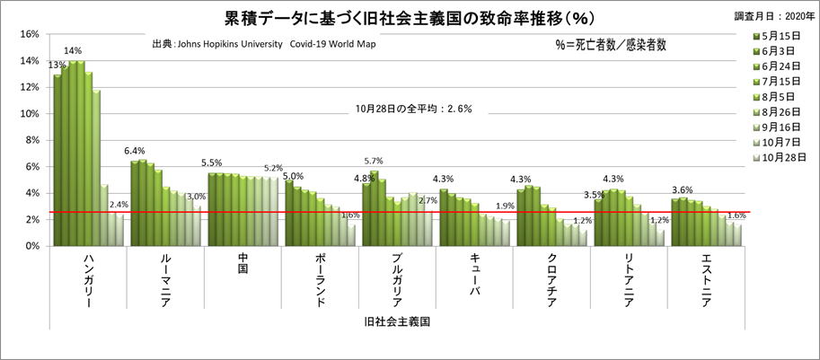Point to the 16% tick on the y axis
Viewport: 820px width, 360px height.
(x=28, y=34)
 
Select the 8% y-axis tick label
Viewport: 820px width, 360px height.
(x=31, y=140)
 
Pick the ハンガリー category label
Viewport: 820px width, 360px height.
(x=88, y=282)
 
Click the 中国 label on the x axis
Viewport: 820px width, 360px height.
(x=242, y=267)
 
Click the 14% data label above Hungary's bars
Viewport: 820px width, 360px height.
(x=73, y=51)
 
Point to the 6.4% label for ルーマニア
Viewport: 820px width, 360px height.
(x=135, y=151)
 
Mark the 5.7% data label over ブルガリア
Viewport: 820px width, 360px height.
(x=375, y=161)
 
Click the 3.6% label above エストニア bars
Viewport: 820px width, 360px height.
(x=683, y=189)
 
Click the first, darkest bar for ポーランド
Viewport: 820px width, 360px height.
(x=288, y=213)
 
